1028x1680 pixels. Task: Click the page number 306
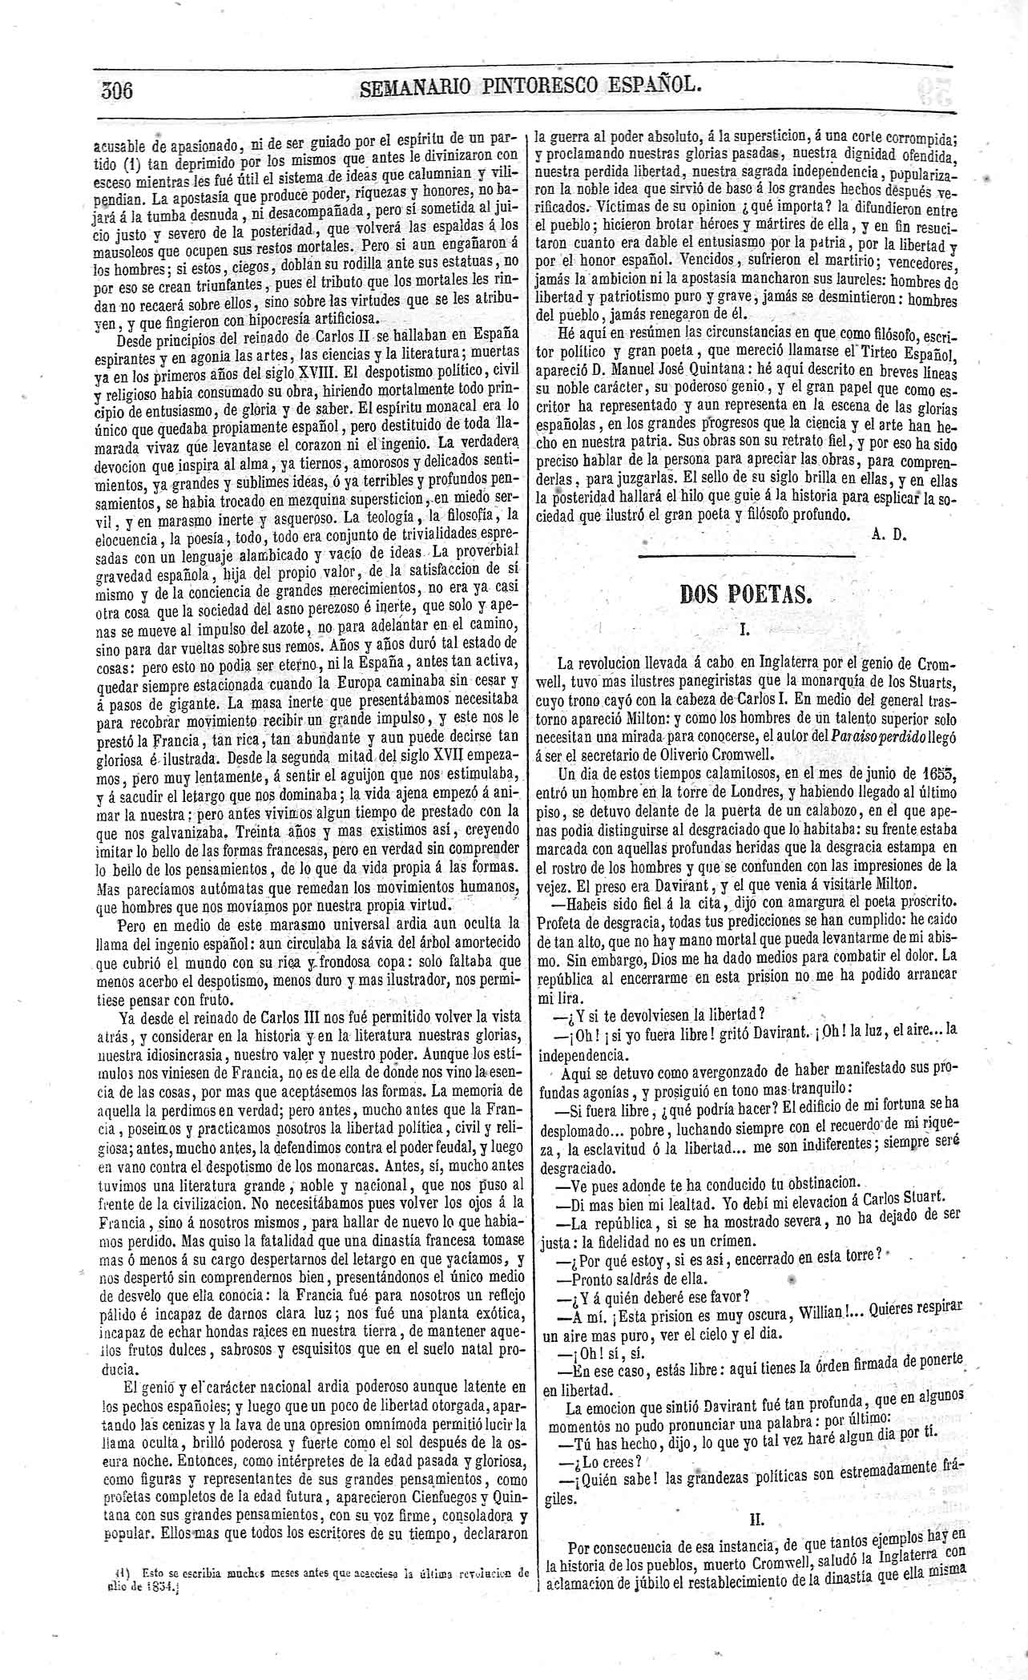tap(117, 90)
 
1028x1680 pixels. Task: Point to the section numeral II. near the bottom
tap(756, 1519)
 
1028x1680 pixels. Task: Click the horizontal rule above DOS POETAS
tap(747, 555)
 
